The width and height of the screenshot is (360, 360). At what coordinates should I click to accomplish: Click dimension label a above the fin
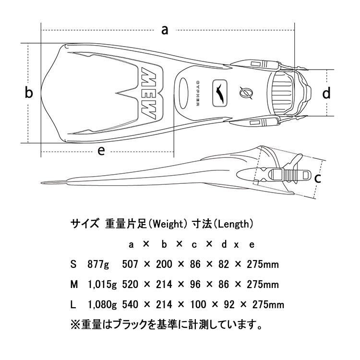coord(165,30)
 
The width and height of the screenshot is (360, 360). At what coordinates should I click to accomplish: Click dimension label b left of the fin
coord(29,93)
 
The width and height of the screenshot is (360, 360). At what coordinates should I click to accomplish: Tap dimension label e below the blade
coord(101,151)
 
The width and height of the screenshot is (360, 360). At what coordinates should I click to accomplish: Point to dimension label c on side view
coord(317,179)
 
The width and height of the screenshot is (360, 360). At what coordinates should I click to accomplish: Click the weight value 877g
coord(100,264)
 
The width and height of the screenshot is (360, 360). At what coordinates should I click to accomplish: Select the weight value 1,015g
coord(102,284)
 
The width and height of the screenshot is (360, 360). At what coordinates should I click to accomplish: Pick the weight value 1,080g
coord(102,304)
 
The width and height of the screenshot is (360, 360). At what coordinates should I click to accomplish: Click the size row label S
coord(73,264)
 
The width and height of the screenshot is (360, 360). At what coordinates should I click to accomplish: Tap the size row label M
coord(74,284)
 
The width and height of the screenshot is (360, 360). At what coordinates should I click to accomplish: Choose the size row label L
coord(73,304)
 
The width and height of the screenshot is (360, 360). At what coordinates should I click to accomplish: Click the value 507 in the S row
coord(131,264)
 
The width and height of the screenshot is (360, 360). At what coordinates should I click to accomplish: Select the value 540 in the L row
coord(131,304)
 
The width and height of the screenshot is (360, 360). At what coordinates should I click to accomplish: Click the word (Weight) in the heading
coord(166,223)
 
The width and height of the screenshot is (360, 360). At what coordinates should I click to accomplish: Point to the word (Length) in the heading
coord(232,223)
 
